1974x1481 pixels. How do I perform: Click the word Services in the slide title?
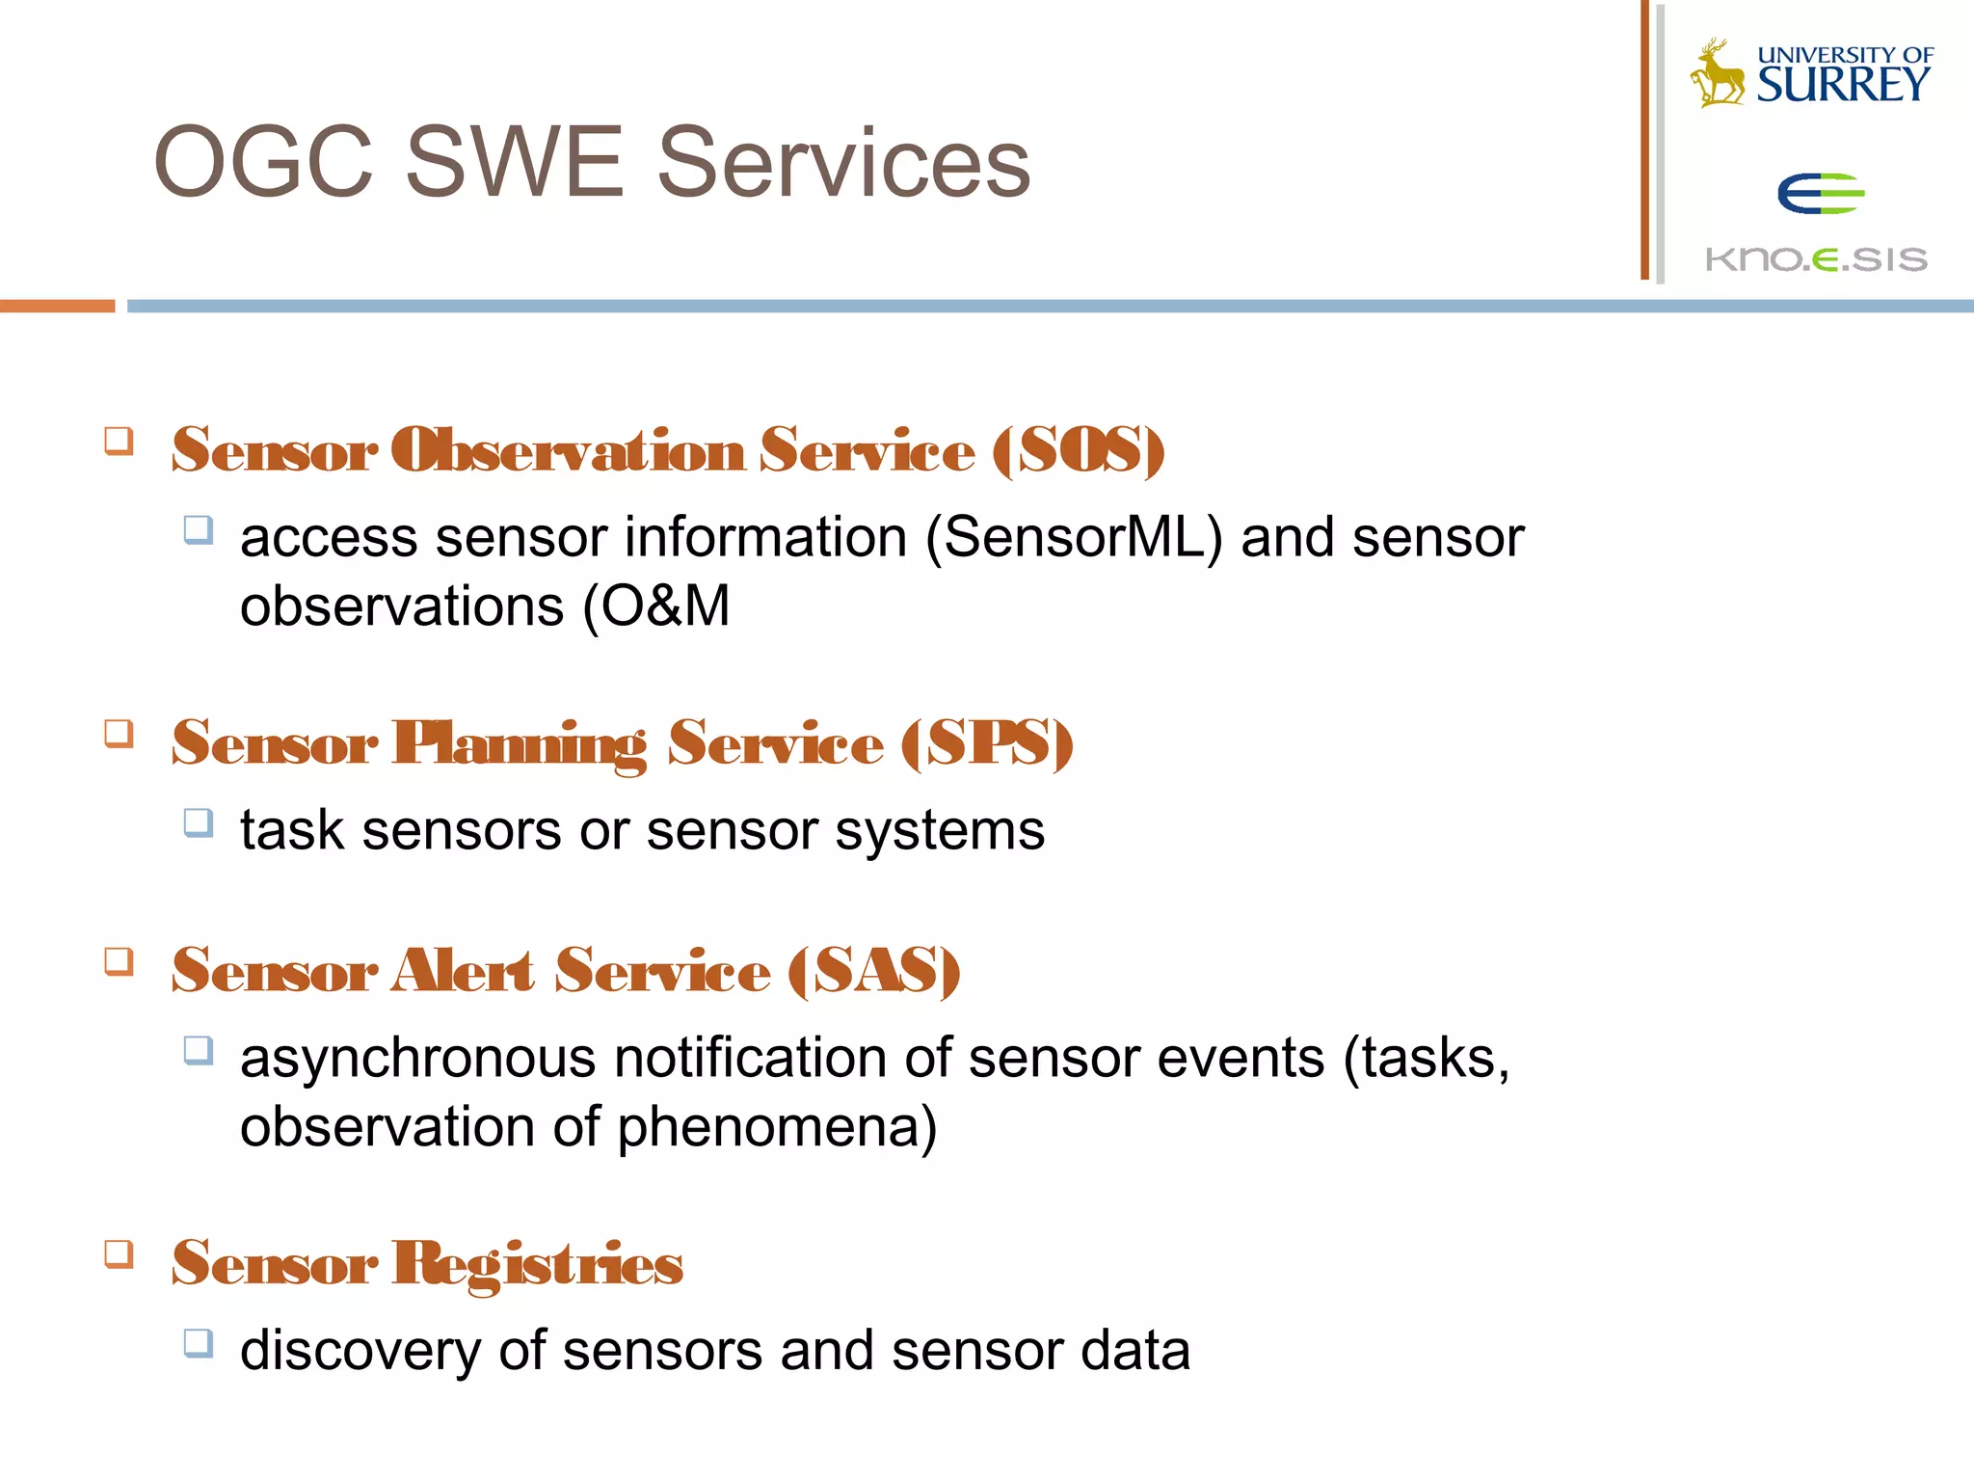(843, 162)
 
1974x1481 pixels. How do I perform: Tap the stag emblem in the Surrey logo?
(1717, 73)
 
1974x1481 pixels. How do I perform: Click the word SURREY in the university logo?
(1842, 85)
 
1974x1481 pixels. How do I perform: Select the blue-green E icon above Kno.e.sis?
(1819, 194)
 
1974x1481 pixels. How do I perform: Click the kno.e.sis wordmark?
(1816, 259)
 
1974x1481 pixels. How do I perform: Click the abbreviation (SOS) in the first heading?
(1078, 450)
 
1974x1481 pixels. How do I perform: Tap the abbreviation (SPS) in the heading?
(987, 743)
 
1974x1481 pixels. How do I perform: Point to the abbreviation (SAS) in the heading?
(873, 971)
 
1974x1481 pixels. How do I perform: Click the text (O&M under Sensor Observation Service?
(656, 606)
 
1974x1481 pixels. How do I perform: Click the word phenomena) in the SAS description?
(777, 1127)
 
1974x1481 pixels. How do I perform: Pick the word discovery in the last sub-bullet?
(360, 1350)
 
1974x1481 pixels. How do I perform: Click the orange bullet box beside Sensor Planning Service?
(119, 734)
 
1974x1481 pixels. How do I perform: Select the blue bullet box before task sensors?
(198, 822)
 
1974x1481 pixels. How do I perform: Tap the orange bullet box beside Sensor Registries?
(119, 1253)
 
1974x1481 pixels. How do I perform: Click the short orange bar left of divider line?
(57, 306)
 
